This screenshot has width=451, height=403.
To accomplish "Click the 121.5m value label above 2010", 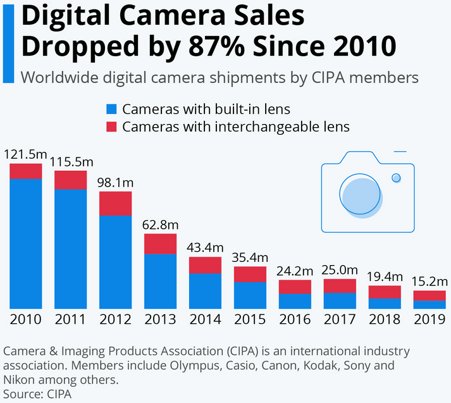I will [x=25, y=155].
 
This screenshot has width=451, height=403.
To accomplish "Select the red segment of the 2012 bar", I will [x=116, y=204].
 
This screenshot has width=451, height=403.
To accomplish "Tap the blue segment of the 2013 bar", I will [x=161, y=281].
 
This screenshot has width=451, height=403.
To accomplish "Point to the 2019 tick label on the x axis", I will [x=430, y=319].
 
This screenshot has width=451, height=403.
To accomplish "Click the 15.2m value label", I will [x=430, y=282].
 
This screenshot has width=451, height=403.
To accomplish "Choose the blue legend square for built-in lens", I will [x=112, y=109].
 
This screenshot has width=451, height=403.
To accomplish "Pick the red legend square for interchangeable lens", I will [x=112, y=127].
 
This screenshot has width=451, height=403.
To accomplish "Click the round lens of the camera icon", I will [x=361, y=194].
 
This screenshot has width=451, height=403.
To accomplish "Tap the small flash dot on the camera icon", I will [x=396, y=178].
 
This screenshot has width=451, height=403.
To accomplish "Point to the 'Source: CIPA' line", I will [x=37, y=394].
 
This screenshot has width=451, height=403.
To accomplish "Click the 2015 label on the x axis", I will [x=250, y=319].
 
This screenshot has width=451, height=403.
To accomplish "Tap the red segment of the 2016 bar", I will [x=295, y=287].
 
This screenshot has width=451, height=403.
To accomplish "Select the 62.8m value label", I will [x=161, y=225].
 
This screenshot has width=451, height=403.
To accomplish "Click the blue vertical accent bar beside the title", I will [x=8, y=42].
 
